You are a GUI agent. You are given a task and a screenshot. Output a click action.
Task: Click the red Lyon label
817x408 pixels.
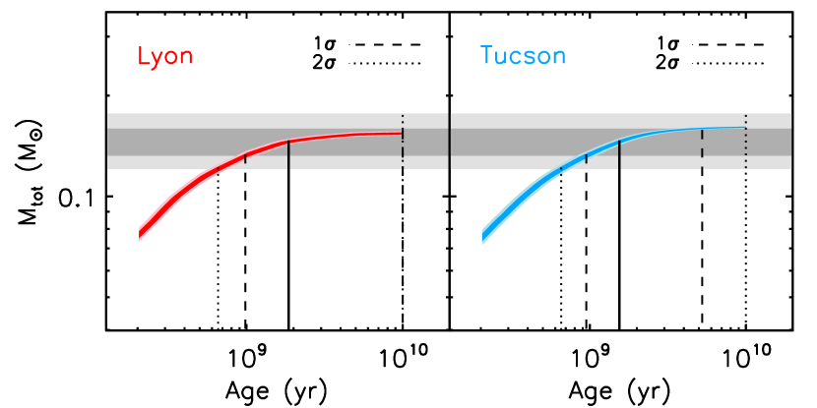(164, 57)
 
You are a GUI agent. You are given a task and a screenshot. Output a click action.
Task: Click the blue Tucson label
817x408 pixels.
(523, 56)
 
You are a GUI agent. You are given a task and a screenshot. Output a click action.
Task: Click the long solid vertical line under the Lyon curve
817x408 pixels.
(288, 156)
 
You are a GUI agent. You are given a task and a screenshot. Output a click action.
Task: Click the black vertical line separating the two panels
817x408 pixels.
(450, 141)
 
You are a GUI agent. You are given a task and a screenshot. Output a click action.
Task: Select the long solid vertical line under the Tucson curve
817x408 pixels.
(619, 155)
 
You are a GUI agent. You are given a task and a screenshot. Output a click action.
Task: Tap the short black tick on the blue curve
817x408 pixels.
(587, 157)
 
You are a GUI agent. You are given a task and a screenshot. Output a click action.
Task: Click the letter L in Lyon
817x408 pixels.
(144, 57)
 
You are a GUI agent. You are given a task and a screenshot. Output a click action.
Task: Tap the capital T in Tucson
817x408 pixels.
(486, 56)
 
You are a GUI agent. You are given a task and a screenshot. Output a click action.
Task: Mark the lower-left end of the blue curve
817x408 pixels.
(482, 236)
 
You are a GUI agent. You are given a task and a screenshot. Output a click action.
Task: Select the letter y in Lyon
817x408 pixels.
(157, 59)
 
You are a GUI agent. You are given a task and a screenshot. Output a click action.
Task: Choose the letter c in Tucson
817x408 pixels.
(517, 57)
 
